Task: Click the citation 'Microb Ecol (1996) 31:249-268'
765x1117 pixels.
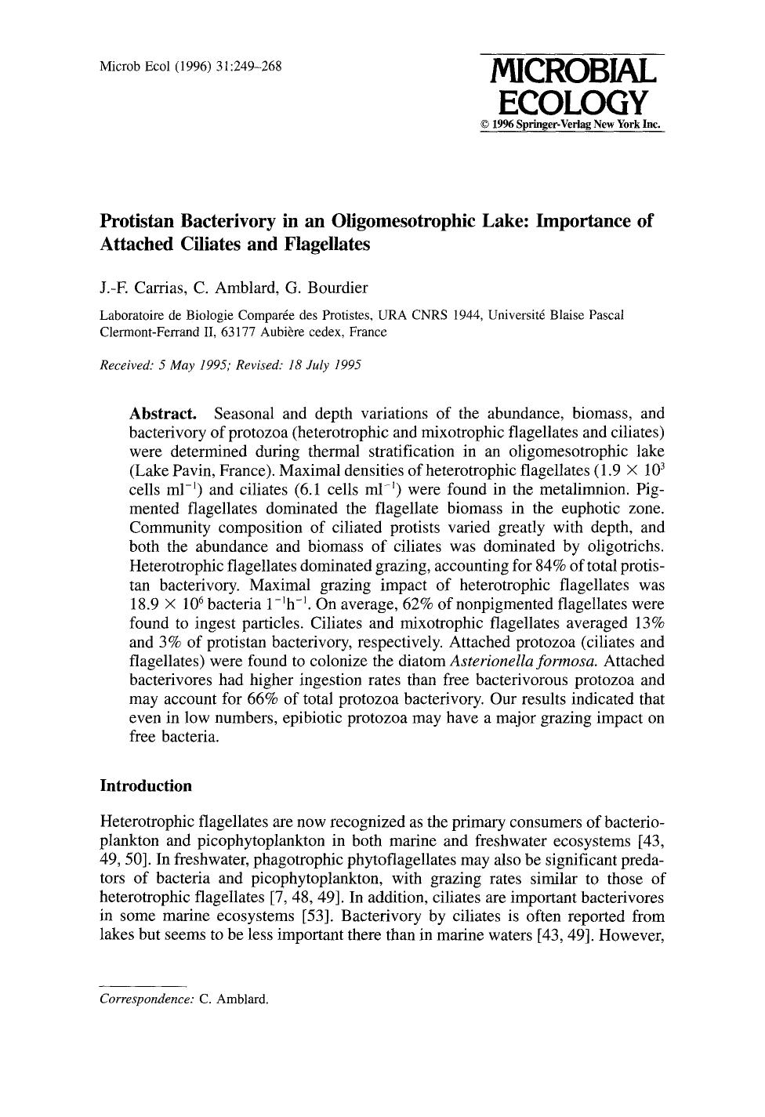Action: click(x=190, y=66)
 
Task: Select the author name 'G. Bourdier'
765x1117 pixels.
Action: click(x=324, y=288)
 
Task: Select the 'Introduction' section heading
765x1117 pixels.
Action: click(x=146, y=785)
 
